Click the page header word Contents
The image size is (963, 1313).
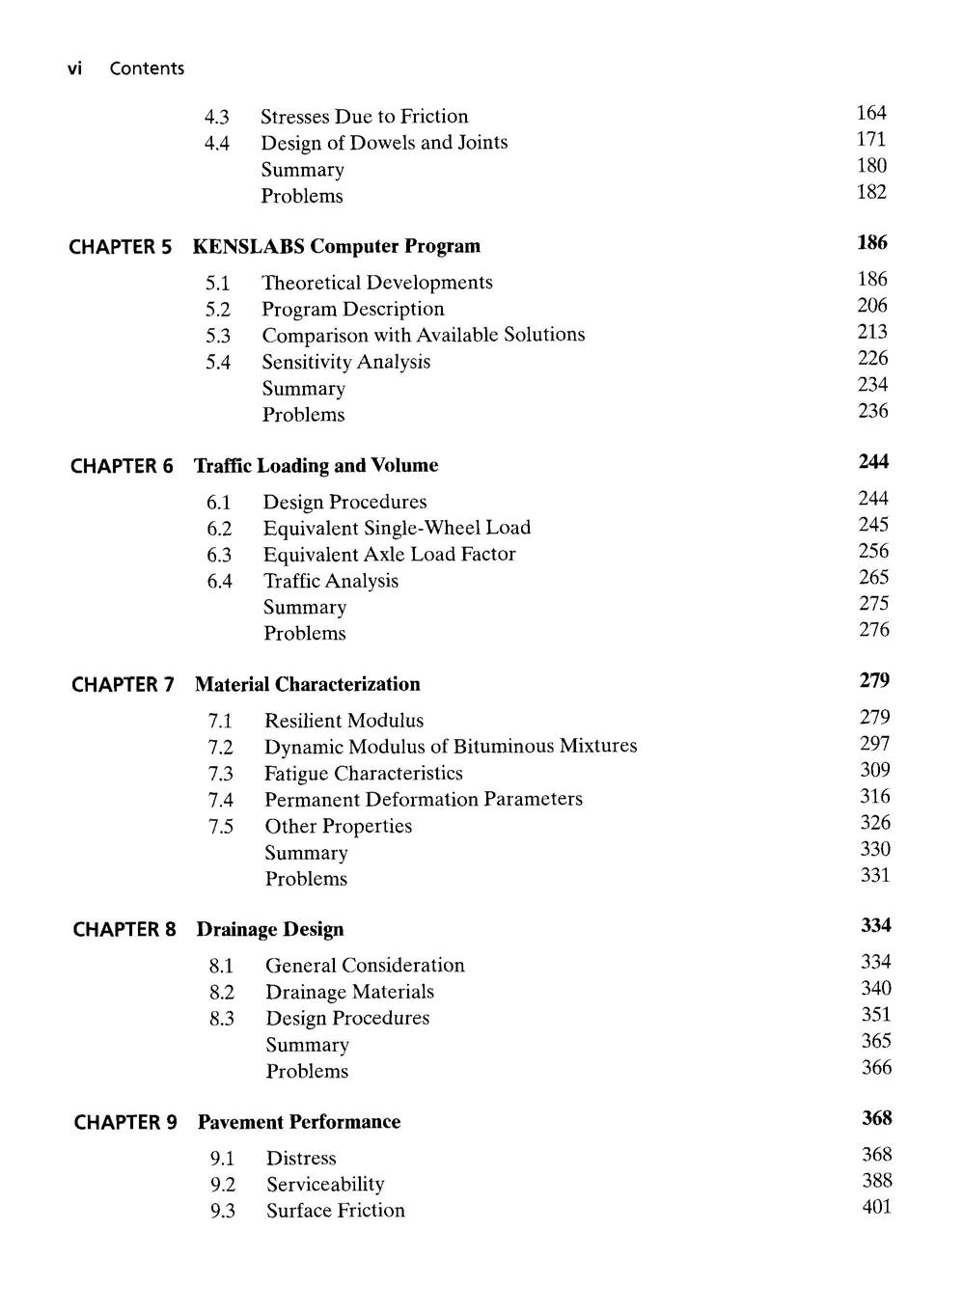point(147,68)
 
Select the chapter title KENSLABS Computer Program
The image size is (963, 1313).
point(337,246)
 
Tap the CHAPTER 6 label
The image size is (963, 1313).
point(123,466)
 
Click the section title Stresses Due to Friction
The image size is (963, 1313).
point(365,117)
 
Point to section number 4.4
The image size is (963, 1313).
point(217,144)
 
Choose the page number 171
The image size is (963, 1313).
point(871,140)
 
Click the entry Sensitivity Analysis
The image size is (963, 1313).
point(346,362)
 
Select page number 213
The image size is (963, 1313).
point(872,332)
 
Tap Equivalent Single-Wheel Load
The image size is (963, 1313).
point(397,528)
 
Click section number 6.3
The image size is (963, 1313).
point(219,555)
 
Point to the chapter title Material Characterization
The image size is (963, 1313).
point(308,684)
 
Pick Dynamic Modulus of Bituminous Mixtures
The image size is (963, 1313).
point(451,746)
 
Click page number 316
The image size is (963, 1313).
point(875,797)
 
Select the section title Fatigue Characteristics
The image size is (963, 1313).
point(364,774)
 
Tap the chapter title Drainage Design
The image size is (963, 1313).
point(270,929)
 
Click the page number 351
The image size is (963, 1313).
point(876,1015)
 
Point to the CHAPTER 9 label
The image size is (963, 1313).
point(125,1122)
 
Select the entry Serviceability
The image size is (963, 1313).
point(325,1185)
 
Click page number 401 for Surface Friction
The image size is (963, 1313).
point(877,1207)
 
